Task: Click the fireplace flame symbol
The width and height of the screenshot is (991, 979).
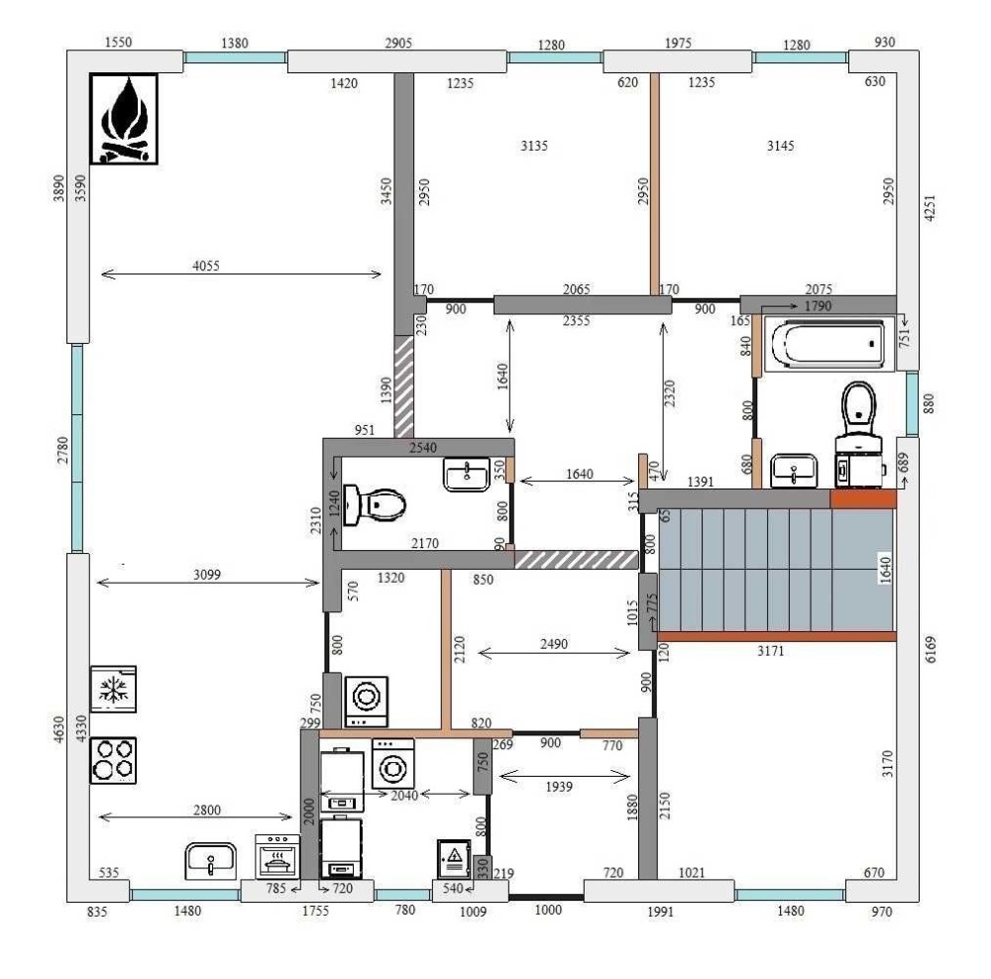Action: (x=124, y=119)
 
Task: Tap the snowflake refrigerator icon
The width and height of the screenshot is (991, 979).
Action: (x=113, y=689)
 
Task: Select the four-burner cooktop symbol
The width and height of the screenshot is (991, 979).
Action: (x=113, y=760)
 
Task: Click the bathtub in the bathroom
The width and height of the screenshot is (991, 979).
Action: (x=827, y=344)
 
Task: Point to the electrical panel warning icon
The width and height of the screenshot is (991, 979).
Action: (x=454, y=858)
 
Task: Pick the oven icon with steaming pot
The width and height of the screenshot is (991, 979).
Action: (x=277, y=856)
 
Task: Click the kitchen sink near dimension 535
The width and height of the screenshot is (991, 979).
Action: (x=210, y=861)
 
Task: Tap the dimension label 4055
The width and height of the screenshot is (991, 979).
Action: (x=206, y=267)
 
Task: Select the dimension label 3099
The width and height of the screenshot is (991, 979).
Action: (x=207, y=575)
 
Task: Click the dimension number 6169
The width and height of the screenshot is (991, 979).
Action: (x=931, y=650)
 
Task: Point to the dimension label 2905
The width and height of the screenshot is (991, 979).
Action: (x=398, y=43)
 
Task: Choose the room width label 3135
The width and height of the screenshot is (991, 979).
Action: (x=534, y=146)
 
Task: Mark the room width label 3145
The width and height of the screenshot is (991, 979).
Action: (x=781, y=146)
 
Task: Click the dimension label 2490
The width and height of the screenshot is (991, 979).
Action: (x=554, y=644)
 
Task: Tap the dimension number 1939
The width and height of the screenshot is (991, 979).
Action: (x=559, y=787)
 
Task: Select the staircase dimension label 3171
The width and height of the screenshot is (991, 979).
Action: (x=770, y=650)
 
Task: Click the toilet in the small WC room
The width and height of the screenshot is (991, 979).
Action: (x=375, y=505)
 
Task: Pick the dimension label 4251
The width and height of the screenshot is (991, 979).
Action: (x=930, y=208)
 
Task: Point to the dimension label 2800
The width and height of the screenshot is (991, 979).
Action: (x=207, y=811)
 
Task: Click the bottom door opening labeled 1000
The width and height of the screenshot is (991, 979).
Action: (x=547, y=897)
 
